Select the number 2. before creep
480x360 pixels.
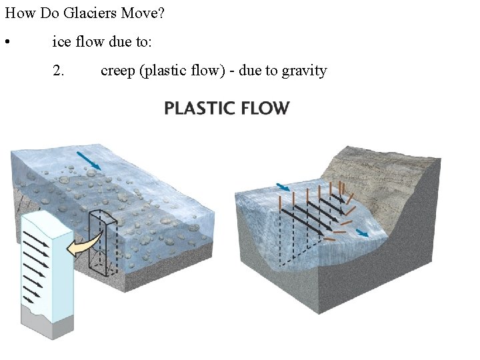point(59,71)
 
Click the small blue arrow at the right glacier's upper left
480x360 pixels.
point(283,187)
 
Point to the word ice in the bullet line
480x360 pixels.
point(61,43)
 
